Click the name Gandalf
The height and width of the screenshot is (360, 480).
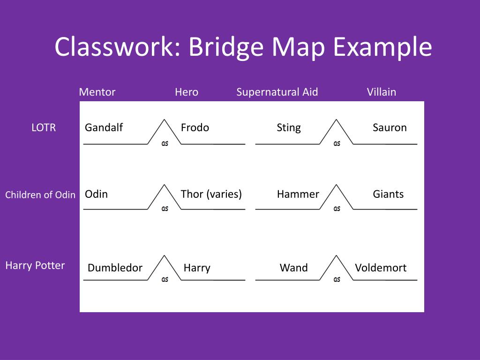(x=104, y=127)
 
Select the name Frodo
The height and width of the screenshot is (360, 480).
(x=195, y=127)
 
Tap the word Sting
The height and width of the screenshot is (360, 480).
(x=289, y=127)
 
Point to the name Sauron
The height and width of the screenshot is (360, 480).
(x=390, y=127)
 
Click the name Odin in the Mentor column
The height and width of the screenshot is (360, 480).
(x=96, y=194)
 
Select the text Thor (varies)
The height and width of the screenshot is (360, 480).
(x=211, y=194)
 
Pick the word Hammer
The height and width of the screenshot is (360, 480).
(x=298, y=194)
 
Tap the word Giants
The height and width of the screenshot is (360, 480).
(x=388, y=194)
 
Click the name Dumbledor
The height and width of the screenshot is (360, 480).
(x=115, y=268)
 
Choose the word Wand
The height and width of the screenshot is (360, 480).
(x=294, y=268)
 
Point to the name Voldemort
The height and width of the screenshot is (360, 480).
(x=381, y=268)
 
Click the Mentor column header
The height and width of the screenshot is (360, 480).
(x=97, y=92)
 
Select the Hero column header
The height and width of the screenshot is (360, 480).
(x=187, y=92)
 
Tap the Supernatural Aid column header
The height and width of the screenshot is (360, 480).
(x=277, y=92)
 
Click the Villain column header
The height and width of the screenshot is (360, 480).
(x=382, y=92)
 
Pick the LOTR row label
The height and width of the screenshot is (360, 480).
(x=44, y=127)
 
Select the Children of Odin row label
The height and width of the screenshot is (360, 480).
(x=40, y=195)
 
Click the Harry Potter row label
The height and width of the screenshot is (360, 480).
(x=35, y=265)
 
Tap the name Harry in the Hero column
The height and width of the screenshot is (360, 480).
(x=197, y=268)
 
